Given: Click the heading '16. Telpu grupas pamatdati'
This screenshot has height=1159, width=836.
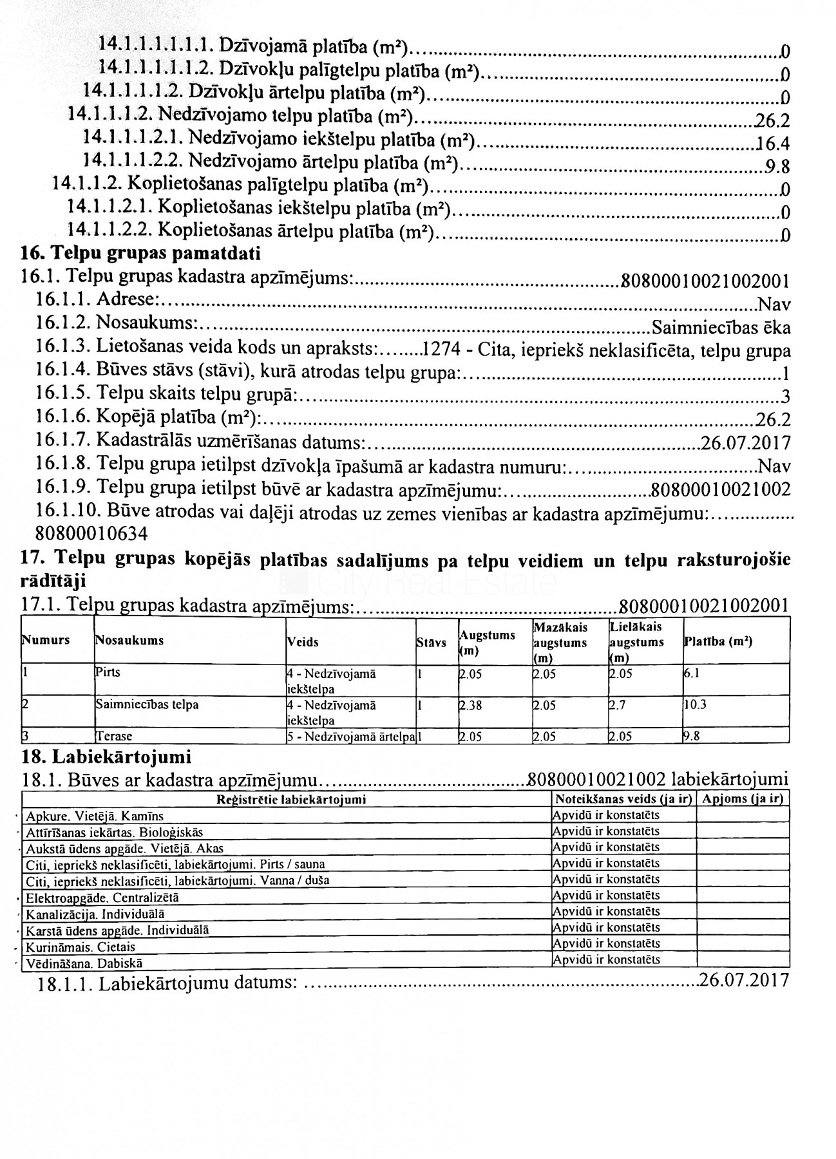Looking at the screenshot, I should (141, 253).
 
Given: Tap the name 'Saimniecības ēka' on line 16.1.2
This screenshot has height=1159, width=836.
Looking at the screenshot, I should (721, 328).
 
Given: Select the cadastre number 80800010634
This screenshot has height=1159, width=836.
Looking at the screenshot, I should (91, 533).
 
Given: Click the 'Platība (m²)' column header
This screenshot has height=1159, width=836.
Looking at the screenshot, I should (717, 642).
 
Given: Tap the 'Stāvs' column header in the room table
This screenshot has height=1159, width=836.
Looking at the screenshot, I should (432, 643).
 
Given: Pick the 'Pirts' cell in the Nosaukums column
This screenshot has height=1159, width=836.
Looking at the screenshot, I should (108, 672).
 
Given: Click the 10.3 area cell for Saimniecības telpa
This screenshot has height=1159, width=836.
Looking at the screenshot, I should (695, 704).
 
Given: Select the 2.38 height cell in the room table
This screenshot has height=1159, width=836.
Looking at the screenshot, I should (471, 705).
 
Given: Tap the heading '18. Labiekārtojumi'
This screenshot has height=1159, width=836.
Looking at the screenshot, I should (106, 757).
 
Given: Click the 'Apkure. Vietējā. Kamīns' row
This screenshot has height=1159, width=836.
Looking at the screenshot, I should (95, 816).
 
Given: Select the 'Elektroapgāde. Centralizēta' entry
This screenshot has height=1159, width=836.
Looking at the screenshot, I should (102, 897).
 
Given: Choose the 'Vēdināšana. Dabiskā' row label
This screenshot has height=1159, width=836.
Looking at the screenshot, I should (84, 964).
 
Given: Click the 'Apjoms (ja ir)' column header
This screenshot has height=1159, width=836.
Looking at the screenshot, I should (743, 799).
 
